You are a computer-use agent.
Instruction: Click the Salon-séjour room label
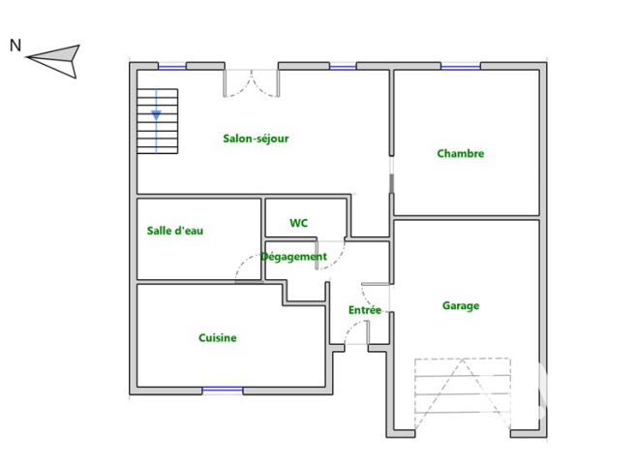256,139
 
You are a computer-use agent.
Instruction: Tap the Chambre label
460,153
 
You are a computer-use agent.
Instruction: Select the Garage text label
461,306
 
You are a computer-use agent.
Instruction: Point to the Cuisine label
218,337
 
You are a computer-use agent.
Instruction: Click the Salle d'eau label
175,231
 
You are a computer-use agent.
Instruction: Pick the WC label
298,223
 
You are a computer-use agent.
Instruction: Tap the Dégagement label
293,257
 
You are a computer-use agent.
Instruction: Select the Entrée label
365,310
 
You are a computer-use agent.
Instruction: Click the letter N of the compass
15,46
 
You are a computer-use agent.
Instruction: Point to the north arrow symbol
54,60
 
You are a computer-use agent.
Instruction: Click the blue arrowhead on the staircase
157,115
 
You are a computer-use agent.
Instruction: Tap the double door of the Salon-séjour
252,83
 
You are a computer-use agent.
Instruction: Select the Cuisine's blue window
223,390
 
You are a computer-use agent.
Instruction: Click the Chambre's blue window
460,66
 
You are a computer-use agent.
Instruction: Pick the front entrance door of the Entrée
356,331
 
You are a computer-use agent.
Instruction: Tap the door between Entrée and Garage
376,297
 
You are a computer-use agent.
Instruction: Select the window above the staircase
172,66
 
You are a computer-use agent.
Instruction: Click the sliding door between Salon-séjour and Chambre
392,174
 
